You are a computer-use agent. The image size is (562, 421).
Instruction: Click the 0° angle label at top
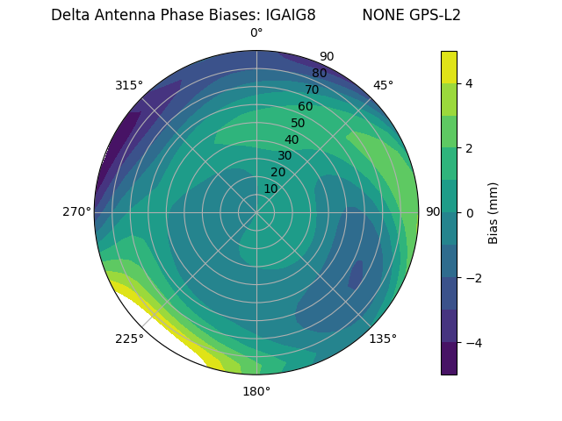click(256, 33)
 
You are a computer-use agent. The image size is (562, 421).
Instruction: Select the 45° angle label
click(383, 85)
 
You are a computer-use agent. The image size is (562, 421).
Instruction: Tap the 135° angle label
click(383, 339)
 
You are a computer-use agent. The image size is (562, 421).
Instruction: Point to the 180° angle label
click(256, 391)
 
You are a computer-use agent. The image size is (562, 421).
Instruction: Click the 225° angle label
click(129, 339)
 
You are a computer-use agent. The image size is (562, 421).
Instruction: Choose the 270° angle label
click(77, 211)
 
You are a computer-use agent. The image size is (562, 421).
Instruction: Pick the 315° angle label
click(129, 85)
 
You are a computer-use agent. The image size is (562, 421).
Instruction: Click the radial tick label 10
click(270, 189)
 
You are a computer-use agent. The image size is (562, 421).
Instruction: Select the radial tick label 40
click(292, 140)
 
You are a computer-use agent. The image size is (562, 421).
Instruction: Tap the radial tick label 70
click(312, 89)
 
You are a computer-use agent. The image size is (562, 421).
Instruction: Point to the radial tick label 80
click(319, 74)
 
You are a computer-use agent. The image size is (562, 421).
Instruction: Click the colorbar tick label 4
click(469, 83)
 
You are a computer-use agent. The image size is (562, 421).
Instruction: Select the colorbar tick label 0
click(469, 213)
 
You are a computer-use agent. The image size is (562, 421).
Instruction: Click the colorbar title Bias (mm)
click(494, 213)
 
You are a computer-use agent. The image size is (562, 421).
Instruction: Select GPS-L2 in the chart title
click(430, 15)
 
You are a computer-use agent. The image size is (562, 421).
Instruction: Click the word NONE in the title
click(379, 15)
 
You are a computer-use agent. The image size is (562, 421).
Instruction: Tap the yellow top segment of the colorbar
click(449, 67)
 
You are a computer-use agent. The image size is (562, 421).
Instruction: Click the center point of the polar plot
click(256, 212)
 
